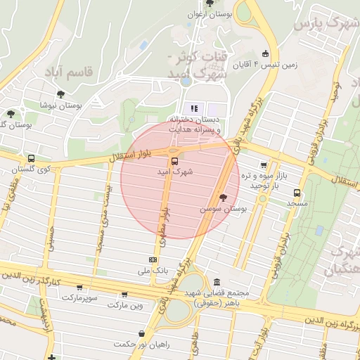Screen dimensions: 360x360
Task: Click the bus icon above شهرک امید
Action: pos(174,160)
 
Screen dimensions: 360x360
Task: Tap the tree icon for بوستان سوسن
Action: pos(224,198)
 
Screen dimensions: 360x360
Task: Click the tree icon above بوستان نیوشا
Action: pos(61,94)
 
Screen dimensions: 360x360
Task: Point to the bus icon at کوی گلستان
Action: pos(31,159)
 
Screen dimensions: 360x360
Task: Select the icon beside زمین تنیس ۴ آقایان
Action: pos(265,53)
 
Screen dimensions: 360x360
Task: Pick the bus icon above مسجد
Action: pos(297,192)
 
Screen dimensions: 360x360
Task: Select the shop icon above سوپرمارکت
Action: pos(79,287)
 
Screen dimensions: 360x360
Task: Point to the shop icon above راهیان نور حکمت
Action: pos(143,333)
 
